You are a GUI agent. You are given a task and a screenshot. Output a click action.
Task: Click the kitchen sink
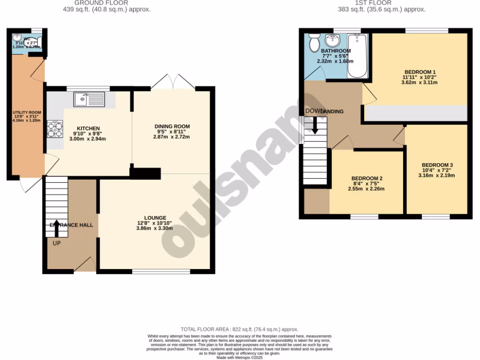point(89,99)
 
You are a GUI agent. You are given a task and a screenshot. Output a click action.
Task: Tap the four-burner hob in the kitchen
point(54,129)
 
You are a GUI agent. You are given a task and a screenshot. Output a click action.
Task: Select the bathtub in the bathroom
point(358,56)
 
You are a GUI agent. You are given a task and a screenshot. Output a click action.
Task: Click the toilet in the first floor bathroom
point(313,43)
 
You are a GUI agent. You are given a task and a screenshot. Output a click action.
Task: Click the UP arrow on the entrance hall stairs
point(57,228)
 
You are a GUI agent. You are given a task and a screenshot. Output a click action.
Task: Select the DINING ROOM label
point(172,127)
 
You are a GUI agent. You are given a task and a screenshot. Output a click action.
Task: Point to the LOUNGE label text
point(155,218)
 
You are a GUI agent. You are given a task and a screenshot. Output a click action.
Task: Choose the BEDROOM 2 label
point(367,179)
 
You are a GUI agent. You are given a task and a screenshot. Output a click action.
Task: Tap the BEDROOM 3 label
point(437,165)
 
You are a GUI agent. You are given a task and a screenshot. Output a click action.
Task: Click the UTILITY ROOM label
point(27,113)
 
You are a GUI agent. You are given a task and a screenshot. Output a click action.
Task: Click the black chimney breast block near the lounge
point(146,173)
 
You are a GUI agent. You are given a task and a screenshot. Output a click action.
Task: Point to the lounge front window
point(161,271)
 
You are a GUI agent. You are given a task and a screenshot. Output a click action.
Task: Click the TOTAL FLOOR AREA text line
point(240,330)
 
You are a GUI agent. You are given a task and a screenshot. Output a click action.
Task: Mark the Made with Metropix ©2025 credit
point(240,357)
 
